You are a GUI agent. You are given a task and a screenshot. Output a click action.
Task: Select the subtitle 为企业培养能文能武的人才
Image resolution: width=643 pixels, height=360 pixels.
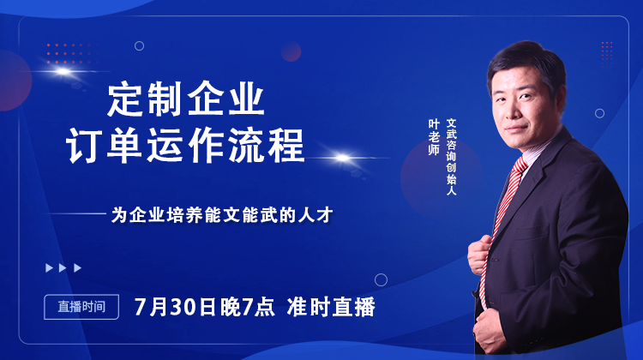(x=221, y=215)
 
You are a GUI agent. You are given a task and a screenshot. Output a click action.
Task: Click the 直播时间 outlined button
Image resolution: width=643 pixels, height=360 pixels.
(x=81, y=306)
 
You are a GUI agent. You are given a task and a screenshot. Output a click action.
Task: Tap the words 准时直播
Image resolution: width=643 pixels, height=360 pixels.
(x=330, y=307)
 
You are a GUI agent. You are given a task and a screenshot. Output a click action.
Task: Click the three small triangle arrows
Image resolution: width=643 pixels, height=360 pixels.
(x=63, y=267)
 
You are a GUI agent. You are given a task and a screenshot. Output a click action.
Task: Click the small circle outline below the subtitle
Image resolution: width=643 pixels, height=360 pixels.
(x=381, y=279)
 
